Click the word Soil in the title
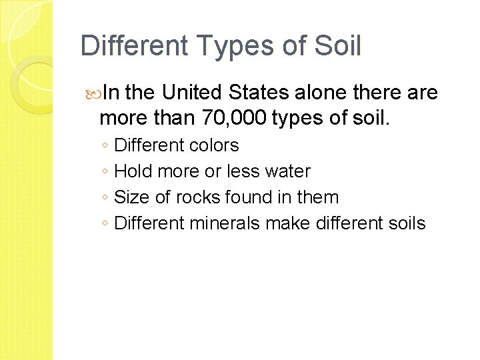[x=338, y=47]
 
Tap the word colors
[x=215, y=145]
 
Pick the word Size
[x=130, y=197]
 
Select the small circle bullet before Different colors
[x=105, y=146]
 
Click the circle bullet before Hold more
[x=105, y=172]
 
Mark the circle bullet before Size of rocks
[x=105, y=198]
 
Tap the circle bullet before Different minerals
[x=105, y=224]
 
